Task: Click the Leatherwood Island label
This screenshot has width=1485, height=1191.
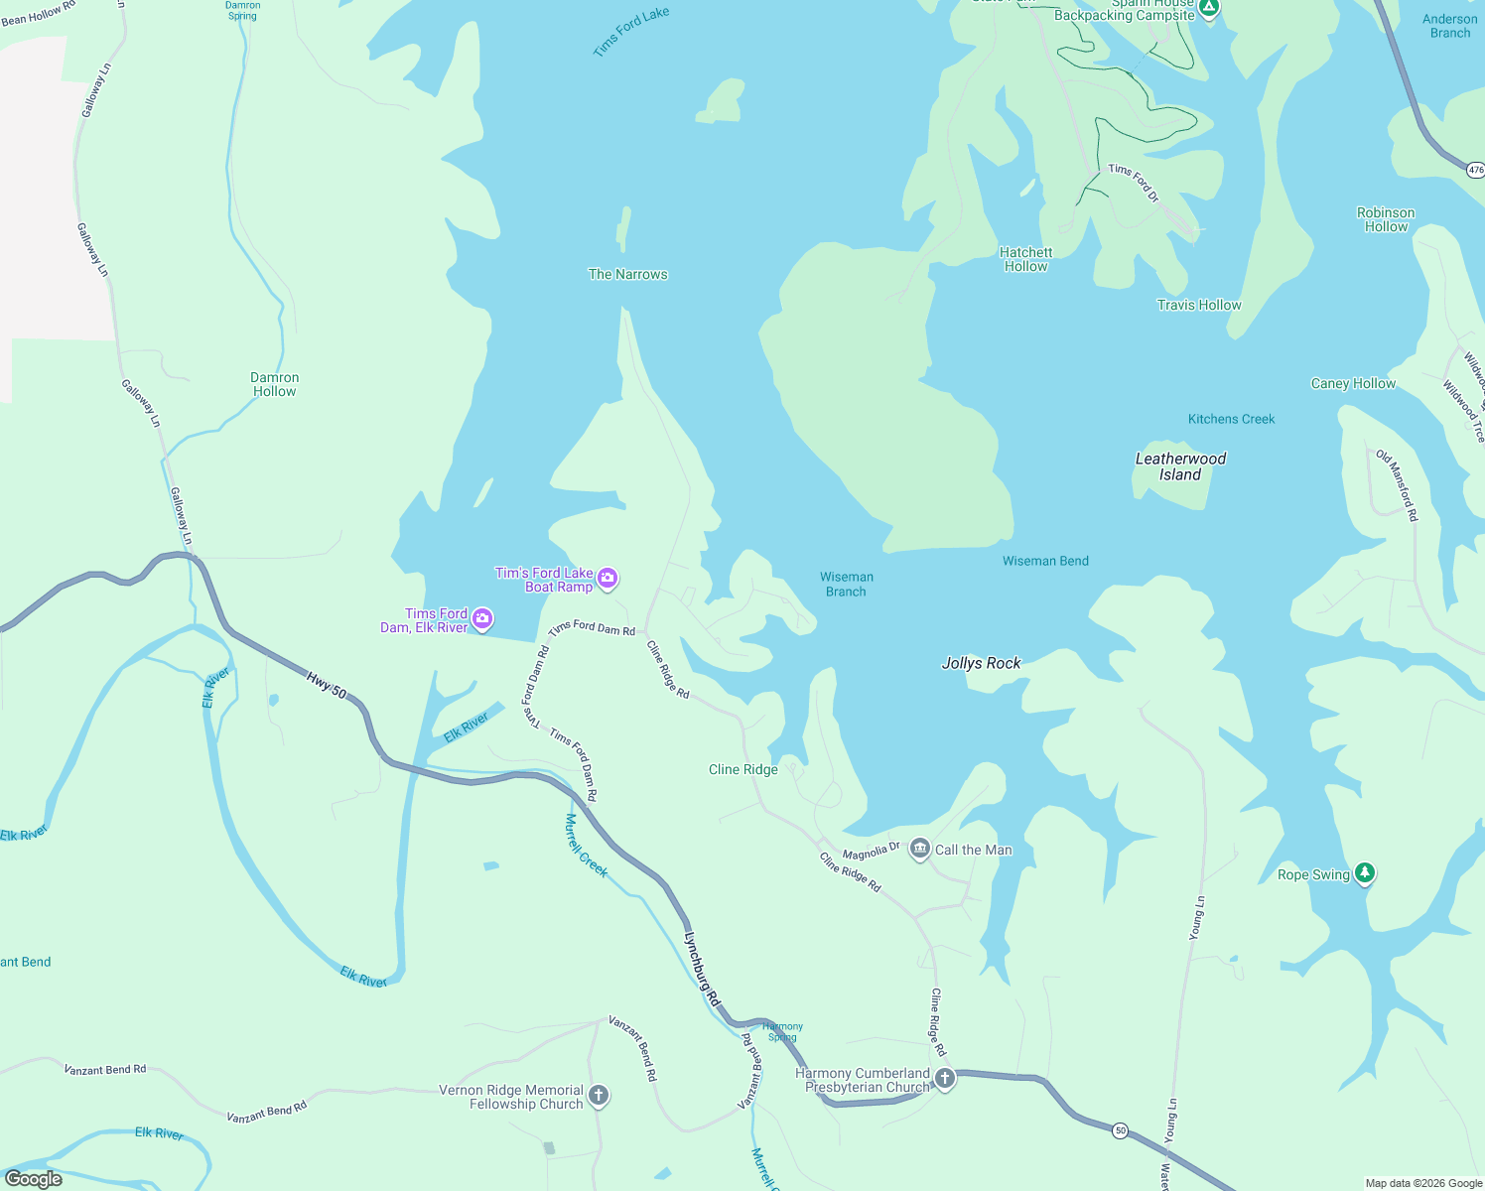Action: [x=1180, y=466]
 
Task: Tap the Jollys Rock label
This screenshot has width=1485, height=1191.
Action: [x=981, y=663]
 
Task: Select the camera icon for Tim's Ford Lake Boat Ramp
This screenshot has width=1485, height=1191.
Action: [x=607, y=579]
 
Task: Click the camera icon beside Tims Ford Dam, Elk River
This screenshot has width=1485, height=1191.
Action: [x=482, y=619]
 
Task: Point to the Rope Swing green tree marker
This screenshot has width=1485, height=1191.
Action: [x=1365, y=873]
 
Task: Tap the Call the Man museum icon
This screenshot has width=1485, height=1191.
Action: [x=920, y=849]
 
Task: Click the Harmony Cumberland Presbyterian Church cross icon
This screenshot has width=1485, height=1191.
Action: [x=945, y=1079]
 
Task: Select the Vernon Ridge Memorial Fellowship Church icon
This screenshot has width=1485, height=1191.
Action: [x=599, y=1096]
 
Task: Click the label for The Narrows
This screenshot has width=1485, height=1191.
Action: [x=627, y=274]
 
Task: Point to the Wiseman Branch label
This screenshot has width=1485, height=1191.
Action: [x=846, y=584]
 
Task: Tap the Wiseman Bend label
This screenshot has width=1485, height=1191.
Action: [x=1045, y=561]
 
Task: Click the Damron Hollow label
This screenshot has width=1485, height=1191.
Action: [x=274, y=384]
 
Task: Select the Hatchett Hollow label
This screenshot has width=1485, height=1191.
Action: [x=1025, y=259]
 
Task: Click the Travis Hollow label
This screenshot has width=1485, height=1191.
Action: [x=1198, y=305]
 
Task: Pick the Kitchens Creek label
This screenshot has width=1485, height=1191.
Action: [x=1231, y=419]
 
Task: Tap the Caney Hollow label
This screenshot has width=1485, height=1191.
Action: [x=1353, y=383]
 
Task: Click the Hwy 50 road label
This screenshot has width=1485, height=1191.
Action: [x=327, y=685]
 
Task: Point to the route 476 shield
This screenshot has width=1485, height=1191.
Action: [x=1475, y=170]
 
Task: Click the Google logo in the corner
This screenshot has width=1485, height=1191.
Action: [x=34, y=1179]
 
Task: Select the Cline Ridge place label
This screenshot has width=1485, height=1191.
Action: [x=742, y=769]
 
